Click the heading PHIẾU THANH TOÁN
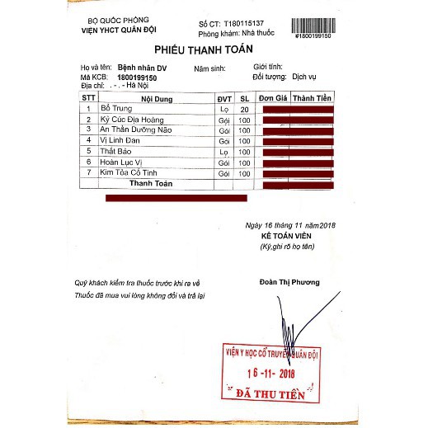pos(214,50)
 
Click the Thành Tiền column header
pos(313,98)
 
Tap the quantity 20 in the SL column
pos(243,109)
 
